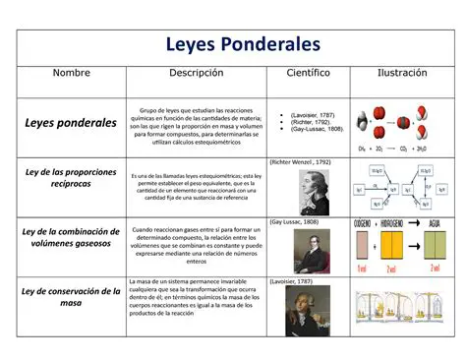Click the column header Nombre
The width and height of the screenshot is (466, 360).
click(x=71, y=74)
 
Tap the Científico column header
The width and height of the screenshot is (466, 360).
click(x=308, y=74)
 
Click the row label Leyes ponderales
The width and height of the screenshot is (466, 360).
click(x=71, y=123)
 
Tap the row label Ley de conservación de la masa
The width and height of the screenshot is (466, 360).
click(x=71, y=297)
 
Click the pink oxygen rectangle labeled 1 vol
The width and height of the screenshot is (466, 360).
click(x=361, y=246)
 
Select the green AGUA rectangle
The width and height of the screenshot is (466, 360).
click(x=435, y=246)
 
